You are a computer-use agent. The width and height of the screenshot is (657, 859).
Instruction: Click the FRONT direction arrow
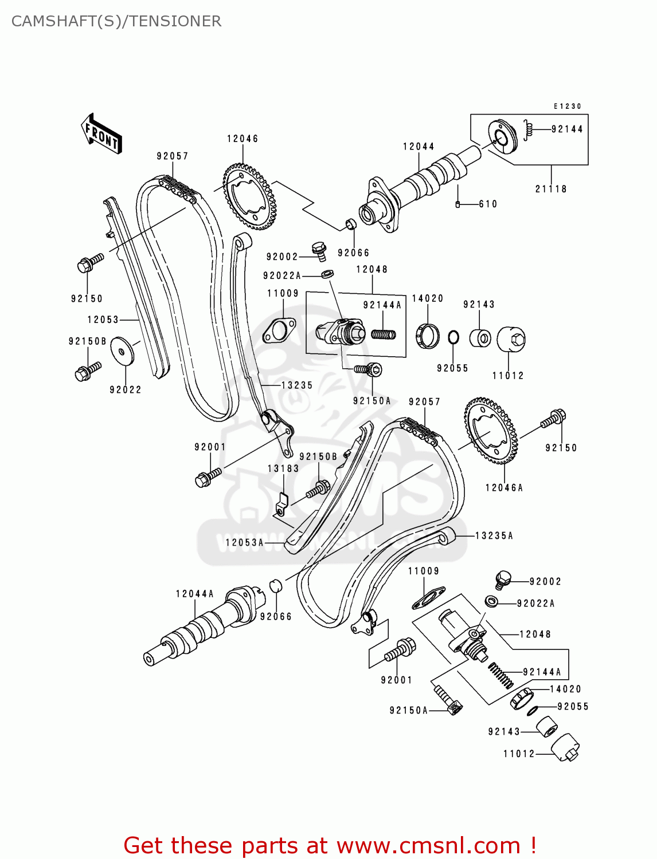coord(102,133)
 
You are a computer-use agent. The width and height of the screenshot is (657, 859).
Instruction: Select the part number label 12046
coord(243,139)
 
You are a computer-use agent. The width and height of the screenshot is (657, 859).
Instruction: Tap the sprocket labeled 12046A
coord(491,431)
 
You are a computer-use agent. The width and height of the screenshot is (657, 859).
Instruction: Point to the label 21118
coord(551,189)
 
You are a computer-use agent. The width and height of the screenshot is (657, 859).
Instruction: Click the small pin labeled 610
coord(457,204)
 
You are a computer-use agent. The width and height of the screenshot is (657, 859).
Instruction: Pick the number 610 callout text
coord(488,204)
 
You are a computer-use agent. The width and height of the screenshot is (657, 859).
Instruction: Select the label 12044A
coord(194,594)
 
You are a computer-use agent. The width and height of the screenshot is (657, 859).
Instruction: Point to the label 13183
coord(283,468)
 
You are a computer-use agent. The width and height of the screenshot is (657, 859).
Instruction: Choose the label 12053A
coord(244,542)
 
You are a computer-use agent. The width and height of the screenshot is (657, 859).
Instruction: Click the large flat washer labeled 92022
coord(122,350)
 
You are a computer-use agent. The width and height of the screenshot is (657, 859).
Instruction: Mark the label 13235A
coord(494,536)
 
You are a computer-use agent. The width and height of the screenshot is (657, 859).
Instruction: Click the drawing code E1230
coord(567,107)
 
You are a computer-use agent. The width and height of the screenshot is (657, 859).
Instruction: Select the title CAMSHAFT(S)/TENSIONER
coord(116,21)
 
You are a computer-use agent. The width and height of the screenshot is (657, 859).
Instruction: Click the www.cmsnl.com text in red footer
coord(428,845)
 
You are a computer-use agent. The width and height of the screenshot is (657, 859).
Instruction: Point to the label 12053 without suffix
coord(103,320)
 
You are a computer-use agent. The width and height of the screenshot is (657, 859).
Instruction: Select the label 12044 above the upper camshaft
coord(419,147)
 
